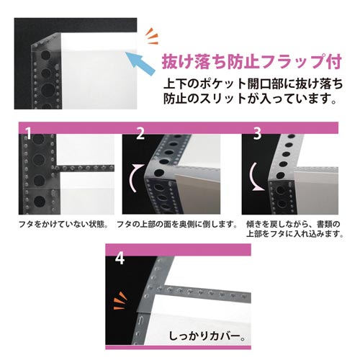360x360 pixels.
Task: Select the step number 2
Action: click(x=140, y=132)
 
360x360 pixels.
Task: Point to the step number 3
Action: click(x=257, y=132)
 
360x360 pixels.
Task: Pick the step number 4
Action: click(x=120, y=256)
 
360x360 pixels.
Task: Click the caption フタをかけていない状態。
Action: click(x=63, y=225)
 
